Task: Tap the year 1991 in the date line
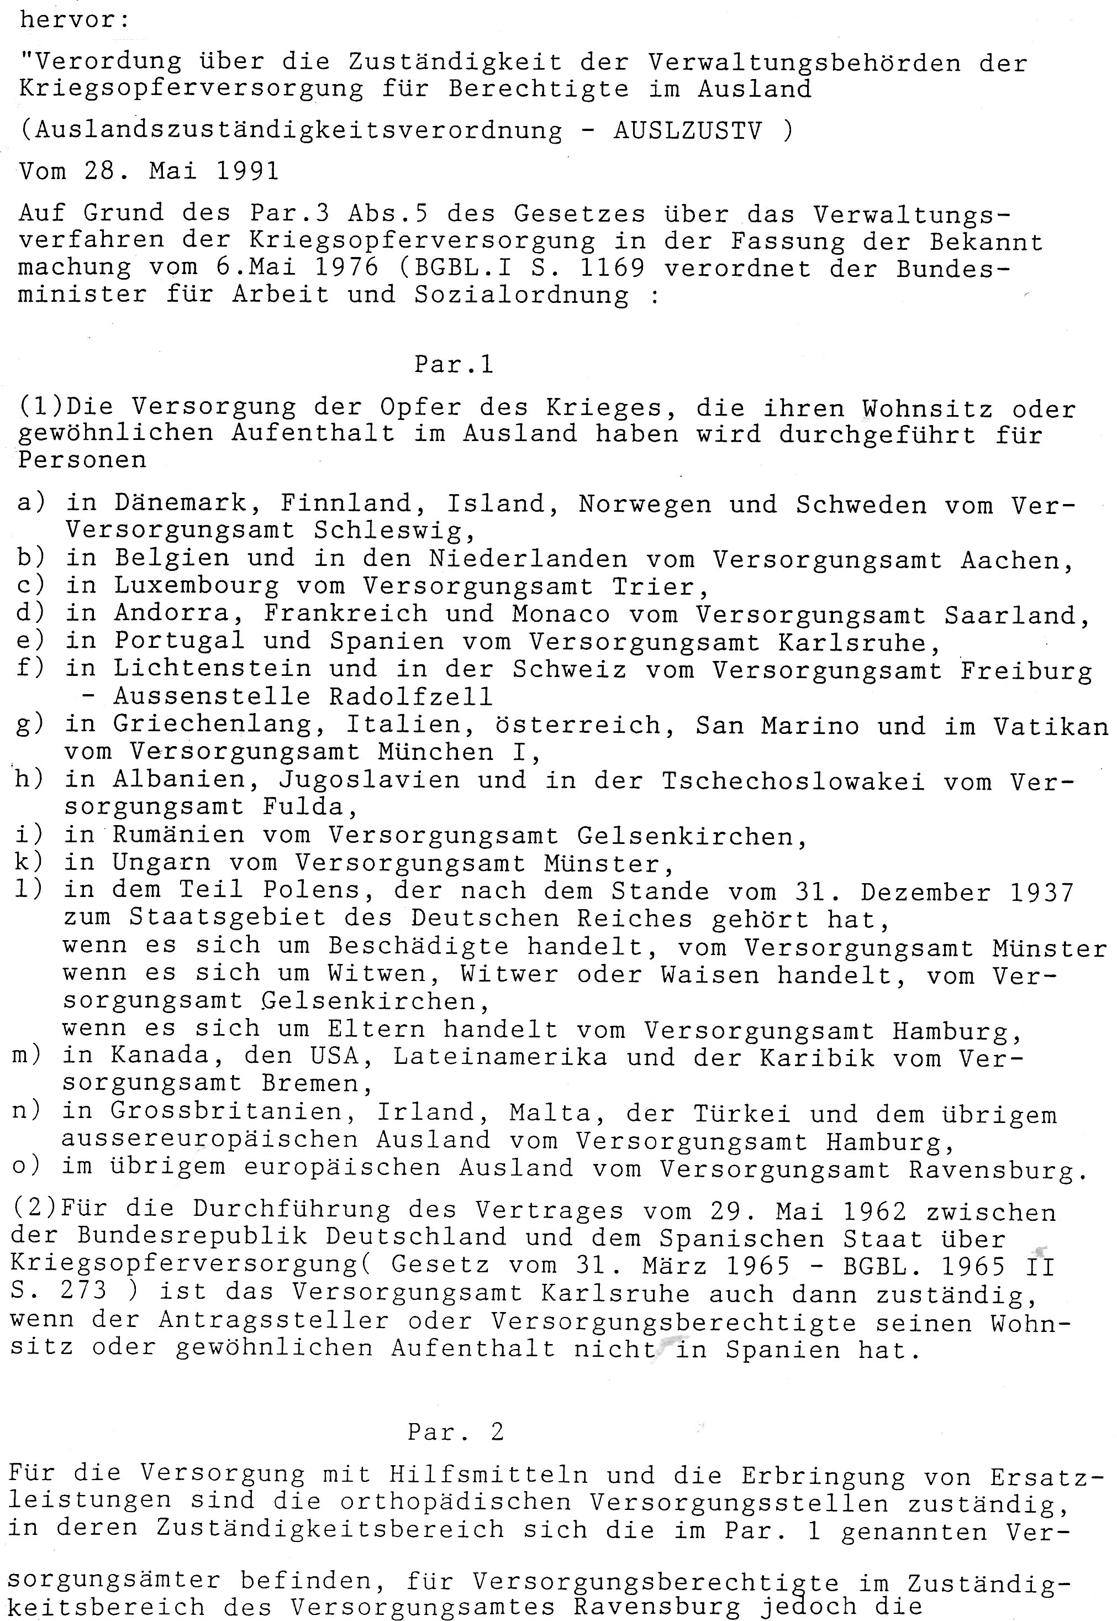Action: click(247, 171)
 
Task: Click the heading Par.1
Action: click(454, 364)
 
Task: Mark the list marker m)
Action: click(27, 1056)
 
